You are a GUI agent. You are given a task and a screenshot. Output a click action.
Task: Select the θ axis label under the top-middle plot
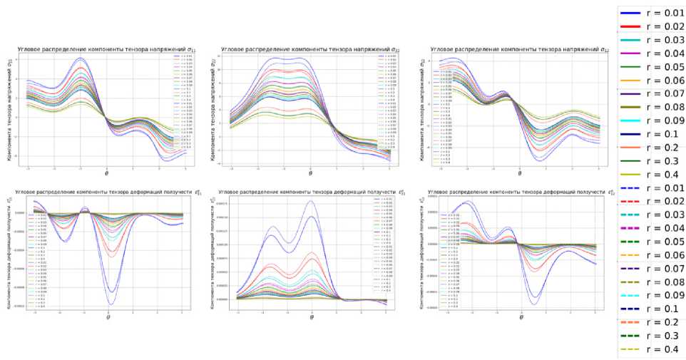click(x=311, y=173)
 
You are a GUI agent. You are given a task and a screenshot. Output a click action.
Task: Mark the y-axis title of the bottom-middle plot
click(x=213, y=253)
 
